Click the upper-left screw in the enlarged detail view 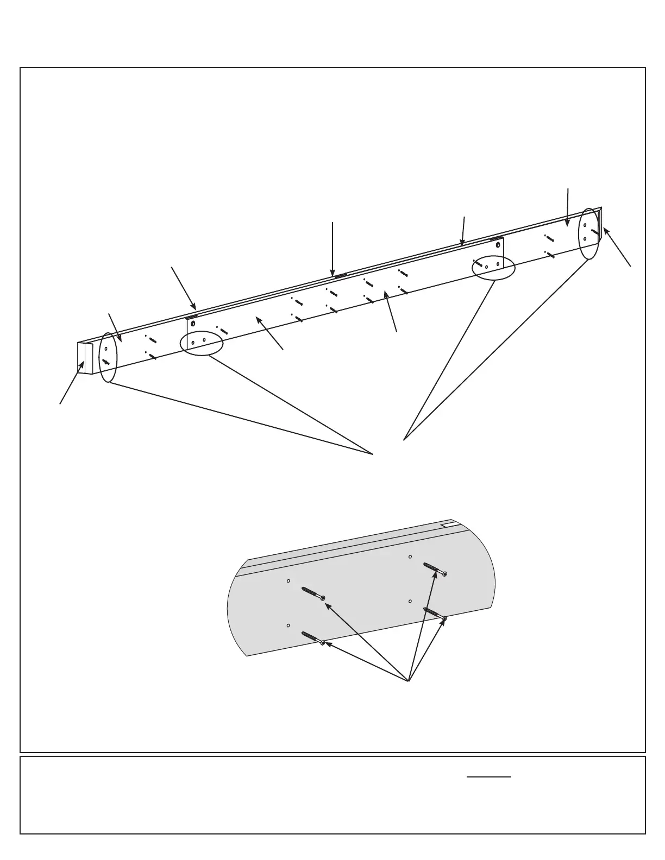(x=313, y=593)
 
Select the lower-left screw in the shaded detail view (x=312, y=638)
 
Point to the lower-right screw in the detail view (x=435, y=614)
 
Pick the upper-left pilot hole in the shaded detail (x=288, y=581)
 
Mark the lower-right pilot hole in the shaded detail (x=410, y=602)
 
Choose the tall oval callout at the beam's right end (x=589, y=234)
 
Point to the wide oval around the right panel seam (x=493, y=266)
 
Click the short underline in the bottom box (x=489, y=777)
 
